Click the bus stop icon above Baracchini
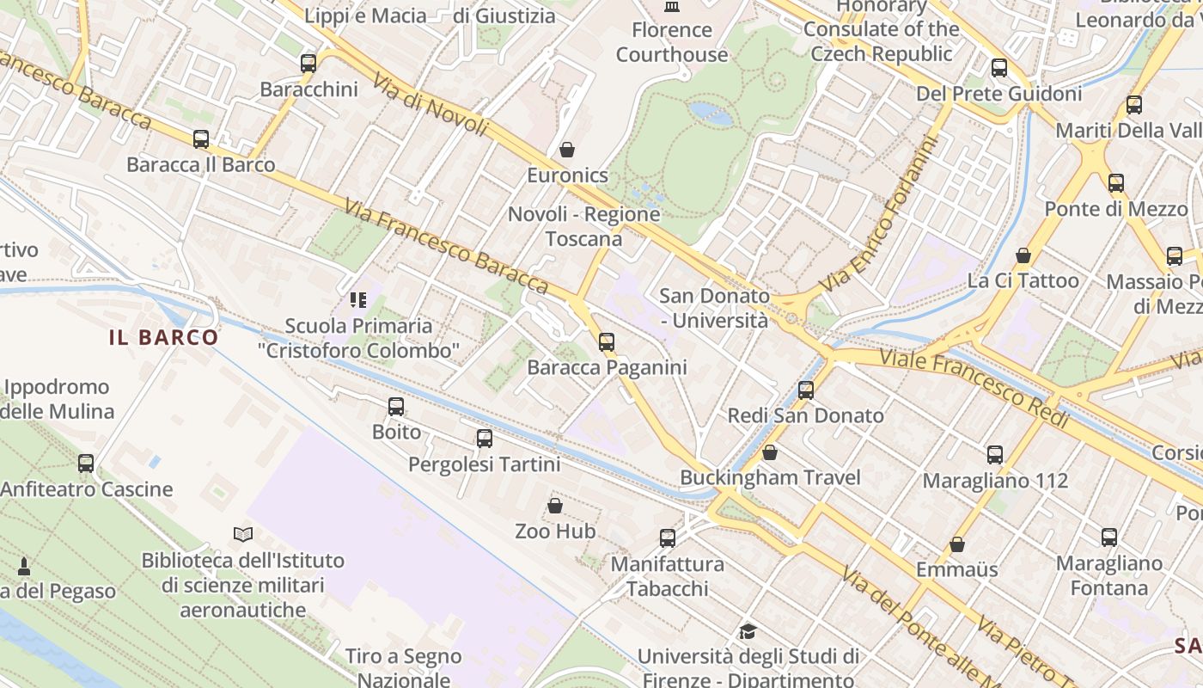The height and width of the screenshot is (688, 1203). coord(308,63)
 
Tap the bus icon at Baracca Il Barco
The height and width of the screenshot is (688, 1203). coord(201,138)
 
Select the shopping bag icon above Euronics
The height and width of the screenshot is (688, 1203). coord(567,150)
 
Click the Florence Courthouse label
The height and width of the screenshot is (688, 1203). coord(671,42)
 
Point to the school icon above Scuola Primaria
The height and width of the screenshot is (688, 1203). coord(357,300)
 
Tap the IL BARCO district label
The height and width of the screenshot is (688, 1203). coord(164,337)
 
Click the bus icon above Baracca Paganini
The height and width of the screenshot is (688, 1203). coord(607,341)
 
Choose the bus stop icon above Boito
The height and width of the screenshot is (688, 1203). coord(396,406)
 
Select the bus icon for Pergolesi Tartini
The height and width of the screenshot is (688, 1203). coord(485,439)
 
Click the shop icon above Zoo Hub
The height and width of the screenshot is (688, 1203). coord(555,505)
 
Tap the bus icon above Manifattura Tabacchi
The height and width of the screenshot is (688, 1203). coord(668,538)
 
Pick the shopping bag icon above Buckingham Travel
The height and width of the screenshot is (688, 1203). coord(770,451)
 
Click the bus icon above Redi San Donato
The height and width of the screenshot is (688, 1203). coord(806,390)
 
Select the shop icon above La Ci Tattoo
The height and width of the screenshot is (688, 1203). coord(1023,255)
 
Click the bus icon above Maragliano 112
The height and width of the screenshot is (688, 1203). coord(995,454)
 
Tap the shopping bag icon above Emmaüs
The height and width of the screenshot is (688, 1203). coord(957,544)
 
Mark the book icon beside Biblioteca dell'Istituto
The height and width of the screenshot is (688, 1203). coord(243,534)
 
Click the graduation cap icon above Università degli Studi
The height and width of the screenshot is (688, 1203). coord(748,631)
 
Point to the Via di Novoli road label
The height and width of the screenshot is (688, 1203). coord(431,103)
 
